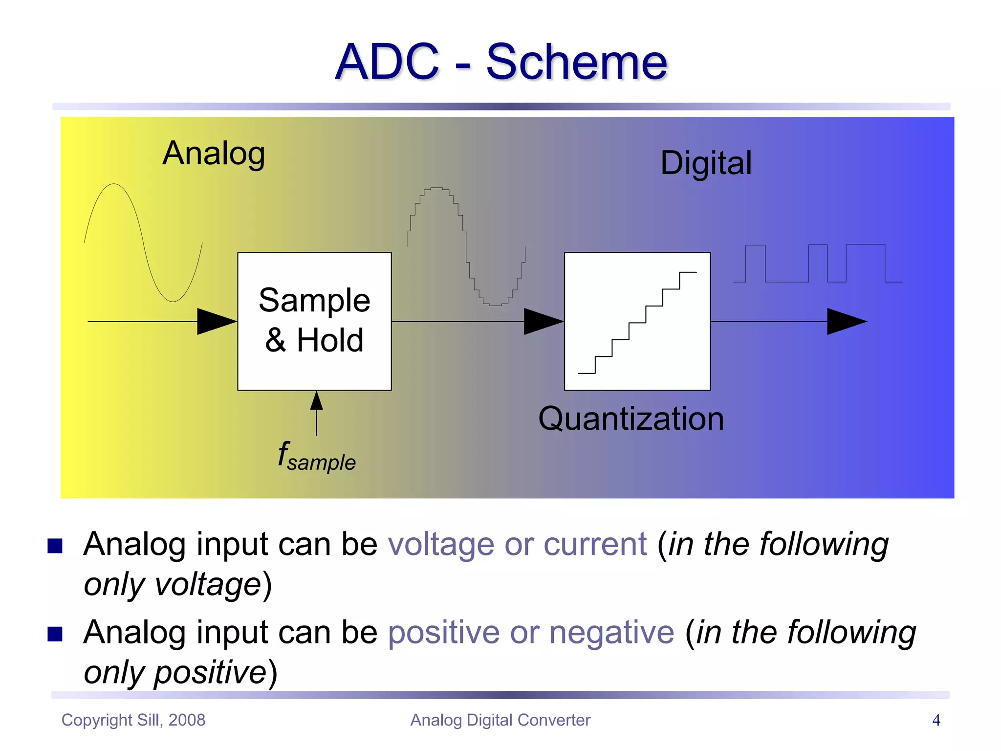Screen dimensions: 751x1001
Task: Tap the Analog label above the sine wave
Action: [x=214, y=154]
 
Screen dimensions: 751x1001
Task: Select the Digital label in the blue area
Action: [x=706, y=163]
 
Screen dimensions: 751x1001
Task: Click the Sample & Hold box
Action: [x=314, y=321]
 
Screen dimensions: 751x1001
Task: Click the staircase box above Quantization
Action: [x=637, y=321]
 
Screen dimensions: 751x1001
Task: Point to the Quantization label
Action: [x=631, y=419]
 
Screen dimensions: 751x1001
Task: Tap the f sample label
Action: [x=317, y=457]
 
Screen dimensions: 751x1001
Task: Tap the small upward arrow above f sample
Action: [x=317, y=401]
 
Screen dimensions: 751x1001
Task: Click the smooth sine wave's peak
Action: [x=114, y=185]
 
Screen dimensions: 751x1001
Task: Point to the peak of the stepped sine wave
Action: [x=436, y=188]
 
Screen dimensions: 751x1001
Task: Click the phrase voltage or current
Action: [x=517, y=544]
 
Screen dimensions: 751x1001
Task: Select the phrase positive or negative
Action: [x=531, y=632]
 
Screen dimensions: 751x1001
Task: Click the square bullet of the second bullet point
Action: [x=55, y=634]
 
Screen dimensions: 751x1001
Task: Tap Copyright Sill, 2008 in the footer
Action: [x=133, y=720]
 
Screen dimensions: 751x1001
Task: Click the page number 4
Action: [x=936, y=720]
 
